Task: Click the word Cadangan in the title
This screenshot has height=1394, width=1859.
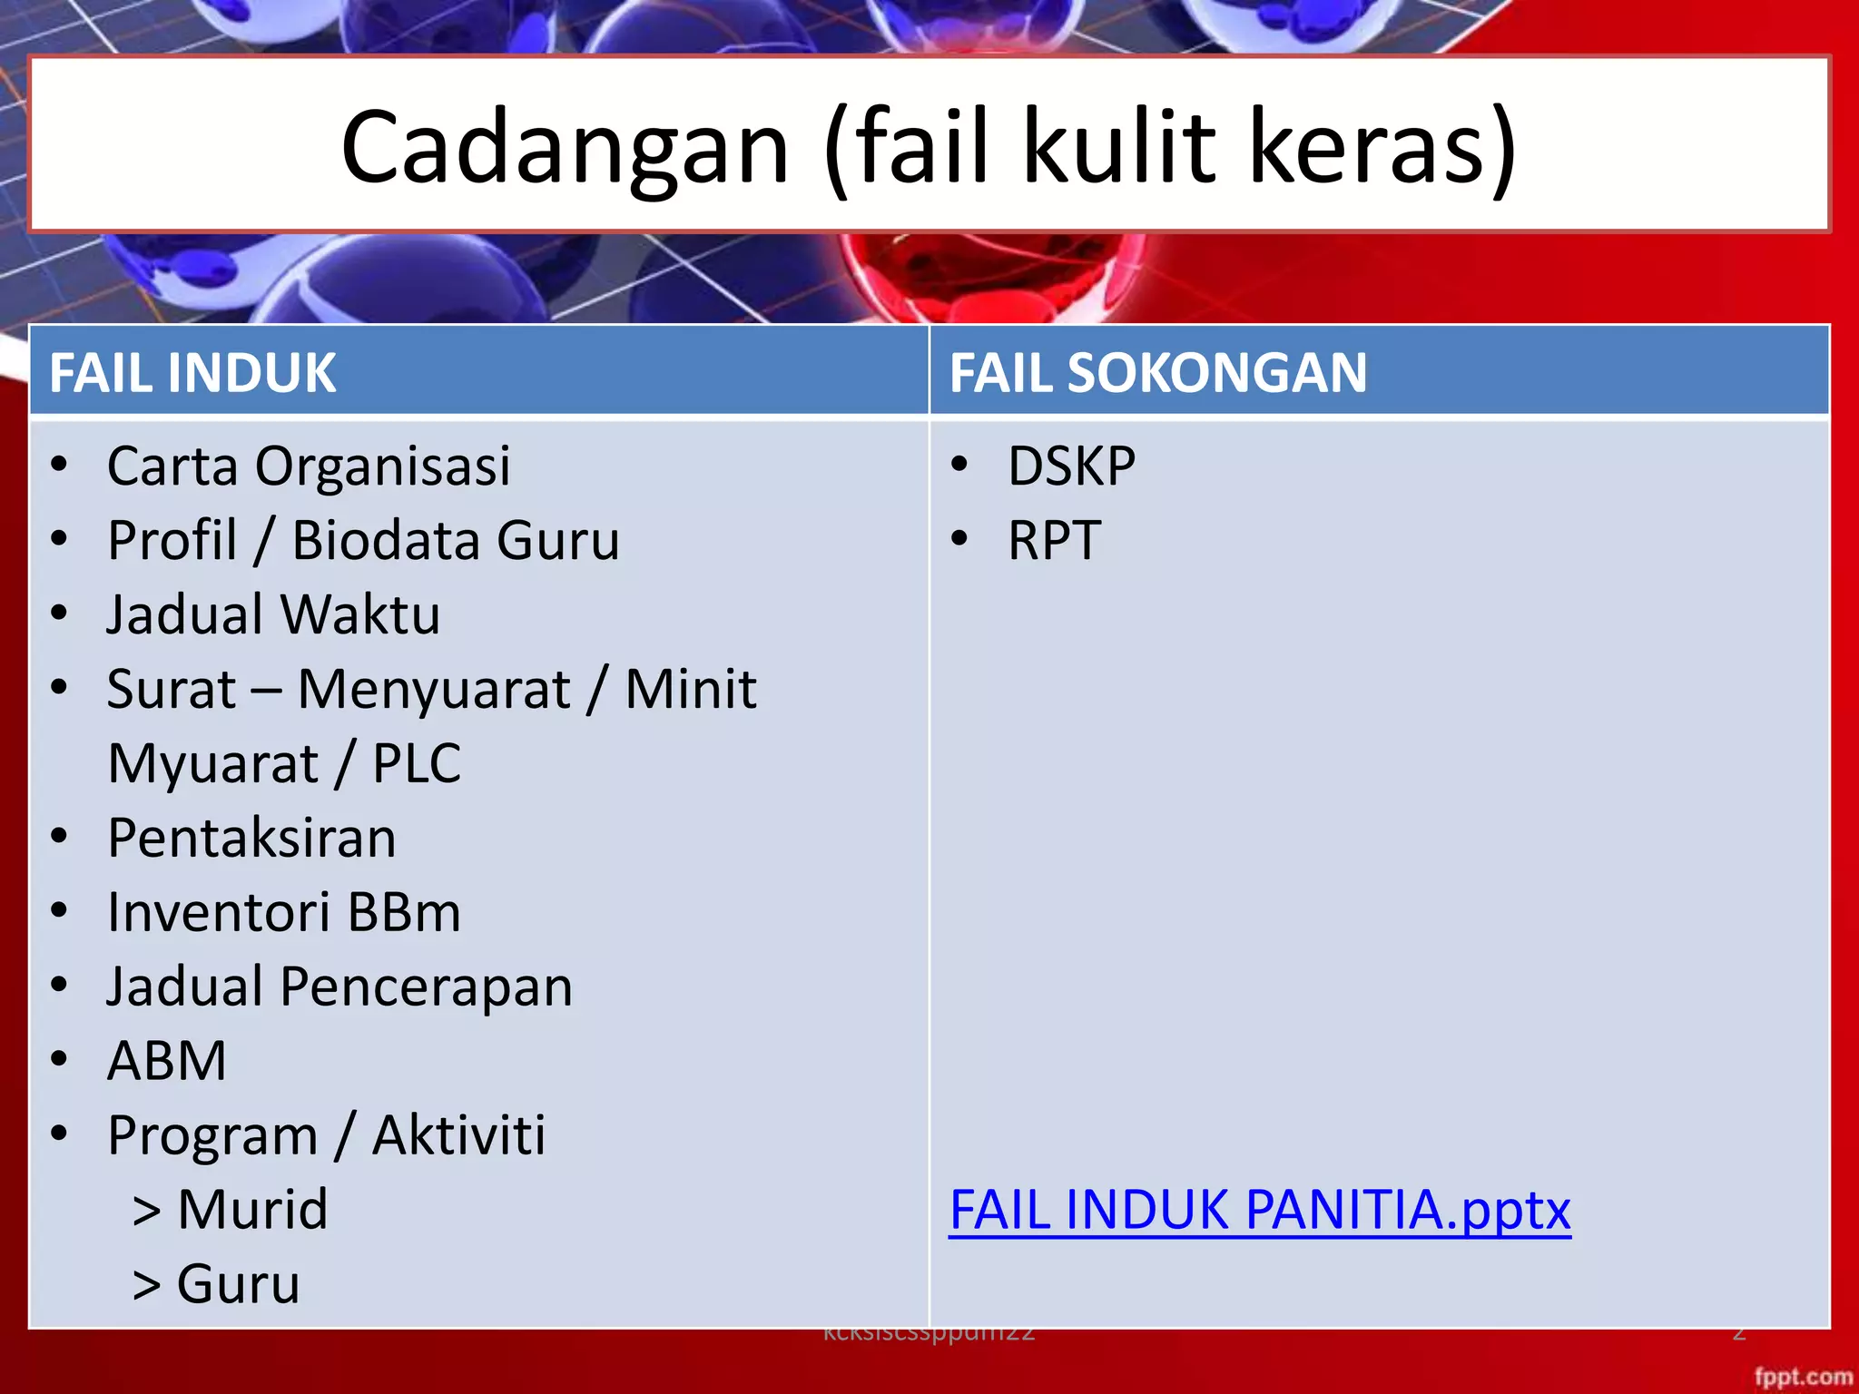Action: tap(565, 148)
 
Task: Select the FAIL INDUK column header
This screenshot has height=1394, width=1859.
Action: tap(192, 373)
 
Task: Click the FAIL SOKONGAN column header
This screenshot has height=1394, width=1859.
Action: tap(1157, 373)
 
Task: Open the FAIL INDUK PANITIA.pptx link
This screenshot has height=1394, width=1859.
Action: tap(1259, 1210)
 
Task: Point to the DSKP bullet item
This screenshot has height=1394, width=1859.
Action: tap(1071, 467)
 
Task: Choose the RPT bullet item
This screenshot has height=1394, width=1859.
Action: tap(1054, 541)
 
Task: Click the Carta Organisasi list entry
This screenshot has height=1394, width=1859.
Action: tap(309, 467)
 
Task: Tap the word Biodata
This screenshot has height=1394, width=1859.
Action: tap(381, 541)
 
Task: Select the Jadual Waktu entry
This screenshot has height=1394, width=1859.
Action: tap(273, 615)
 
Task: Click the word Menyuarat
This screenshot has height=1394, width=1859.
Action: tap(434, 690)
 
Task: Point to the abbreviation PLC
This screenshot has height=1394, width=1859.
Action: tap(417, 764)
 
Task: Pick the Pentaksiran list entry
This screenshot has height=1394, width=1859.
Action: tap(251, 838)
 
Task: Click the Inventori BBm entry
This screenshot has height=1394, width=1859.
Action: tap(284, 912)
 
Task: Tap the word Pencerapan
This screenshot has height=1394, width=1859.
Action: tap(426, 987)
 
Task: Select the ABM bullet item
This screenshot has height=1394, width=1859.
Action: tap(167, 1061)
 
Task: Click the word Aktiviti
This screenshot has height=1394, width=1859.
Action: tap(459, 1135)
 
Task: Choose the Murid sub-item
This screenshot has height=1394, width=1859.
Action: tap(251, 1210)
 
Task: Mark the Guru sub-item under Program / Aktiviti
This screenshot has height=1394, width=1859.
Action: tap(238, 1284)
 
